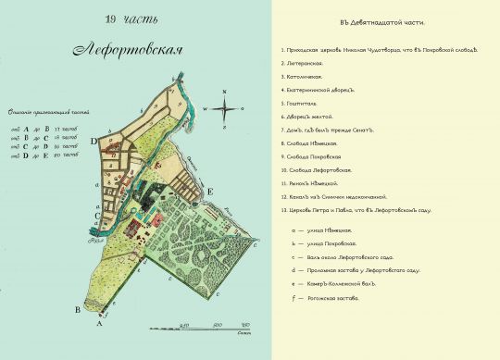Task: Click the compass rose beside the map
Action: tap(225, 107)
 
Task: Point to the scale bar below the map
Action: tap(215, 327)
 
